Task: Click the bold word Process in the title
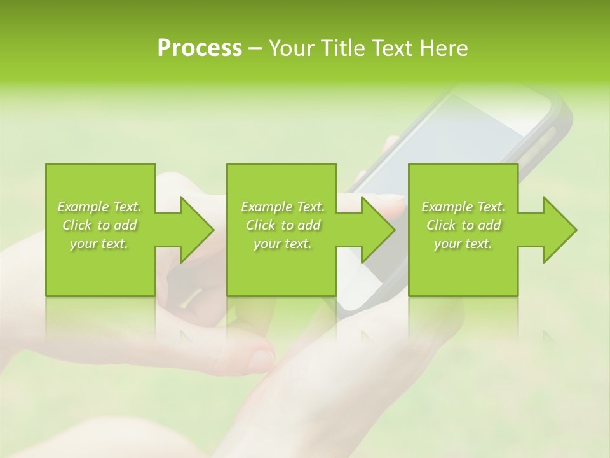click(200, 48)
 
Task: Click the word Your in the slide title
click(292, 48)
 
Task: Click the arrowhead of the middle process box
click(377, 230)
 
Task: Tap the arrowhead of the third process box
click(559, 230)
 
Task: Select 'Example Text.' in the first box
click(100, 207)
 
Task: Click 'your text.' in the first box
click(100, 244)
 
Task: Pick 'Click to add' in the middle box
click(283, 225)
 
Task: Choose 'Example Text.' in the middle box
click(283, 207)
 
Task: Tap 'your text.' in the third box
click(463, 244)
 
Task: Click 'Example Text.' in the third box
click(463, 207)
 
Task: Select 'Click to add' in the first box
click(100, 225)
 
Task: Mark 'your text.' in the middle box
click(283, 244)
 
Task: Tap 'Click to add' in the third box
click(463, 225)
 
